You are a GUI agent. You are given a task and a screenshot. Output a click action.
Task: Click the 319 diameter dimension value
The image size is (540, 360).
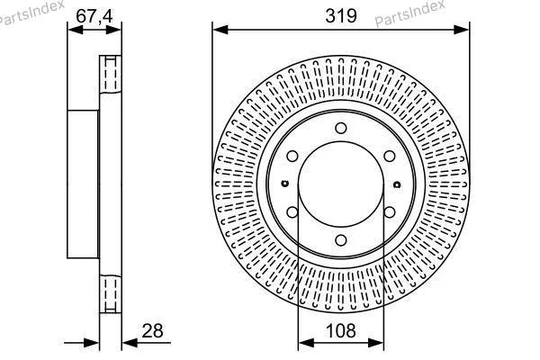tap(341, 16)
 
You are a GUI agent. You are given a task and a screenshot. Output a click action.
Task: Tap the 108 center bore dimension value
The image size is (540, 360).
tap(340, 330)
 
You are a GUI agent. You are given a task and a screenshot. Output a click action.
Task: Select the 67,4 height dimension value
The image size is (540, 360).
tap(94, 16)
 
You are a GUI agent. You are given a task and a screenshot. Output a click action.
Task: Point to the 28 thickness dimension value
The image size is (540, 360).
tap(153, 330)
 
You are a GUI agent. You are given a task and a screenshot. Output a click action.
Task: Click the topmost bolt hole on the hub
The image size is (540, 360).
tap(340, 128)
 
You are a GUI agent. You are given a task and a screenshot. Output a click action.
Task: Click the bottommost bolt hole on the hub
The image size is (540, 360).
tap(340, 240)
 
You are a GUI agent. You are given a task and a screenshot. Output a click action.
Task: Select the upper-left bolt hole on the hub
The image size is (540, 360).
tap(292, 156)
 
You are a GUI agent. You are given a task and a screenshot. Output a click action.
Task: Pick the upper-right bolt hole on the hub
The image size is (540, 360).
tap(390, 156)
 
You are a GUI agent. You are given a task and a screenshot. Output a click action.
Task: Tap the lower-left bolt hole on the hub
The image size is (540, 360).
tap(292, 212)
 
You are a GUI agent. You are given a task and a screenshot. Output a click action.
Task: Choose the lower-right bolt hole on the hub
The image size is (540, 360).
tap(390, 212)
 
